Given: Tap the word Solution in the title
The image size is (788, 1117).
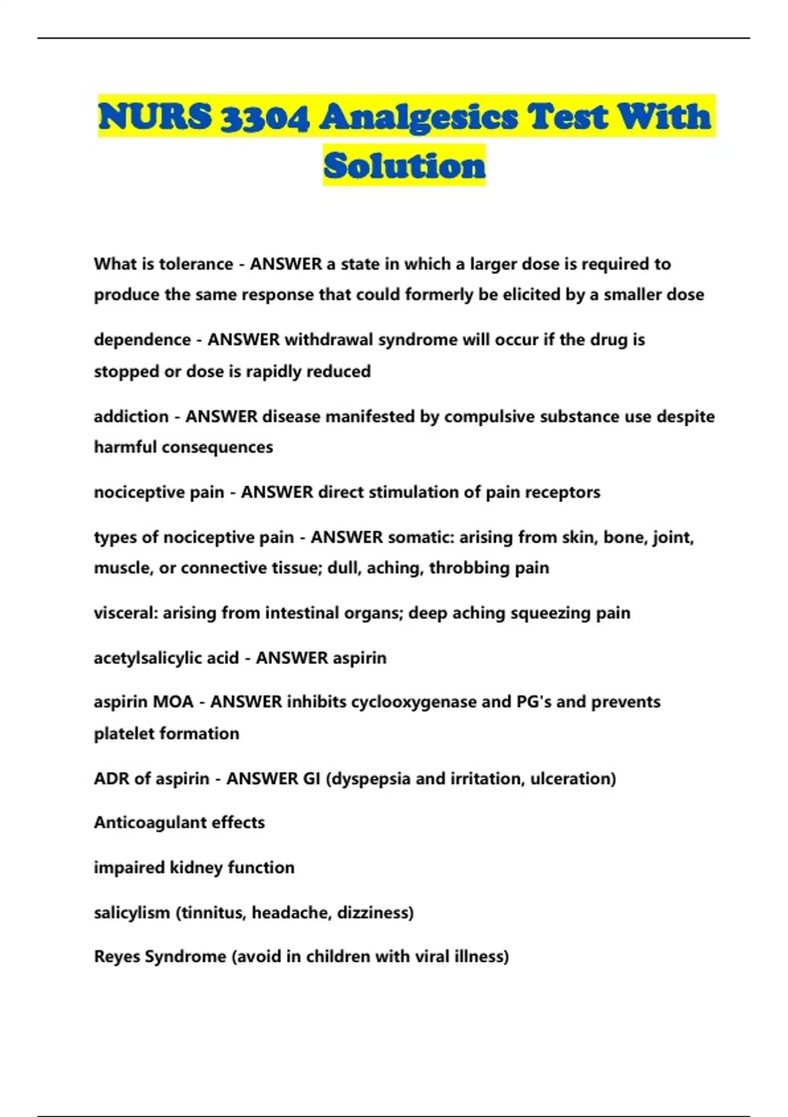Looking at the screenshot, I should coord(404,165).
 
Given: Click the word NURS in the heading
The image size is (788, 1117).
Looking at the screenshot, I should coord(155,117).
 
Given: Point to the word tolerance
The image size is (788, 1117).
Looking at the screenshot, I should coord(196,264).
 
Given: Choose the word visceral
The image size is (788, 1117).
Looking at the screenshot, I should coord(125,613).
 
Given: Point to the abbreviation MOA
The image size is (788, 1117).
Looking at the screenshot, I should coord(173,702).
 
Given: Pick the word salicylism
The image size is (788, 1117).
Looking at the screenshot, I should coord(132,913).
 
